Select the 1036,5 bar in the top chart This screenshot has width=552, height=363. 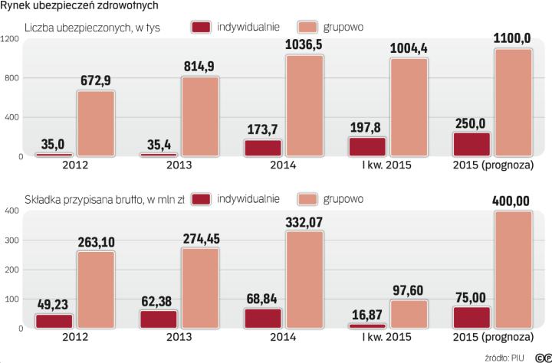coord(304,106)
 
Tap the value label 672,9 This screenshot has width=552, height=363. coord(96,80)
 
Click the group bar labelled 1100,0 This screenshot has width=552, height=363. coord(513,103)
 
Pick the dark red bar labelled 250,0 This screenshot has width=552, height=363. coord(470,144)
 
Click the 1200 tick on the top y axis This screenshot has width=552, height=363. coord(9,39)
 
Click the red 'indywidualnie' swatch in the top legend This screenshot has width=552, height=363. coord(201,27)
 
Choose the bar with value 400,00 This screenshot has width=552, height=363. coord(513,269)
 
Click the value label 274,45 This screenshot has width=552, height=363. coord(200,239)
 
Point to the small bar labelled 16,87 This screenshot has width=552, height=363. coord(366,325)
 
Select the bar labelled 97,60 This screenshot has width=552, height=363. coord(409,314)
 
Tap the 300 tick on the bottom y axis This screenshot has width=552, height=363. coord(11,240)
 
